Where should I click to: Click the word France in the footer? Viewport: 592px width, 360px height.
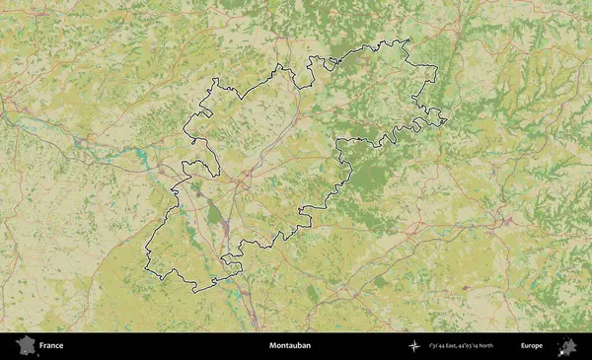pyautogui.click(x=52, y=346)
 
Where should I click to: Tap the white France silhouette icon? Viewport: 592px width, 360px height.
pyautogui.click(x=25, y=346)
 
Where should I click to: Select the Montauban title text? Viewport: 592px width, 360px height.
pyautogui.click(x=290, y=346)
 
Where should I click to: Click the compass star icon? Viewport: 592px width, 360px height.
pyautogui.click(x=413, y=346)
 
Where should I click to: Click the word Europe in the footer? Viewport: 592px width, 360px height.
pyautogui.click(x=532, y=346)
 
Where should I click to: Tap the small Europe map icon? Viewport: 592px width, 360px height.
pyautogui.click(x=567, y=346)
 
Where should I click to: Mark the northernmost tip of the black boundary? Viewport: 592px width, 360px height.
pyautogui.click(x=403, y=38)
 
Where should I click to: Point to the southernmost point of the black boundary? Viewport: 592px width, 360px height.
pyautogui.click(x=196, y=292)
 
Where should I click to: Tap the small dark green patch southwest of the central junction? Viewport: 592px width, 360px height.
pyautogui.click(x=213, y=211)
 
